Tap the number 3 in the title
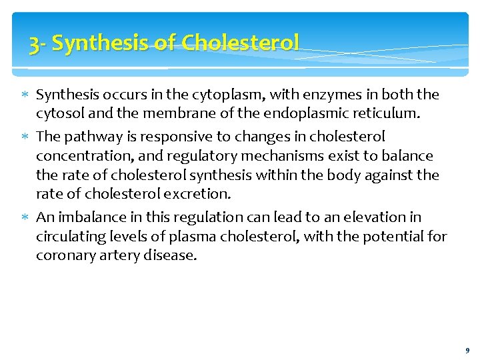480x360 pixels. point(34,44)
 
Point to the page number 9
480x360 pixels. point(467,350)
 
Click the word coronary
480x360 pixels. point(62,255)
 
